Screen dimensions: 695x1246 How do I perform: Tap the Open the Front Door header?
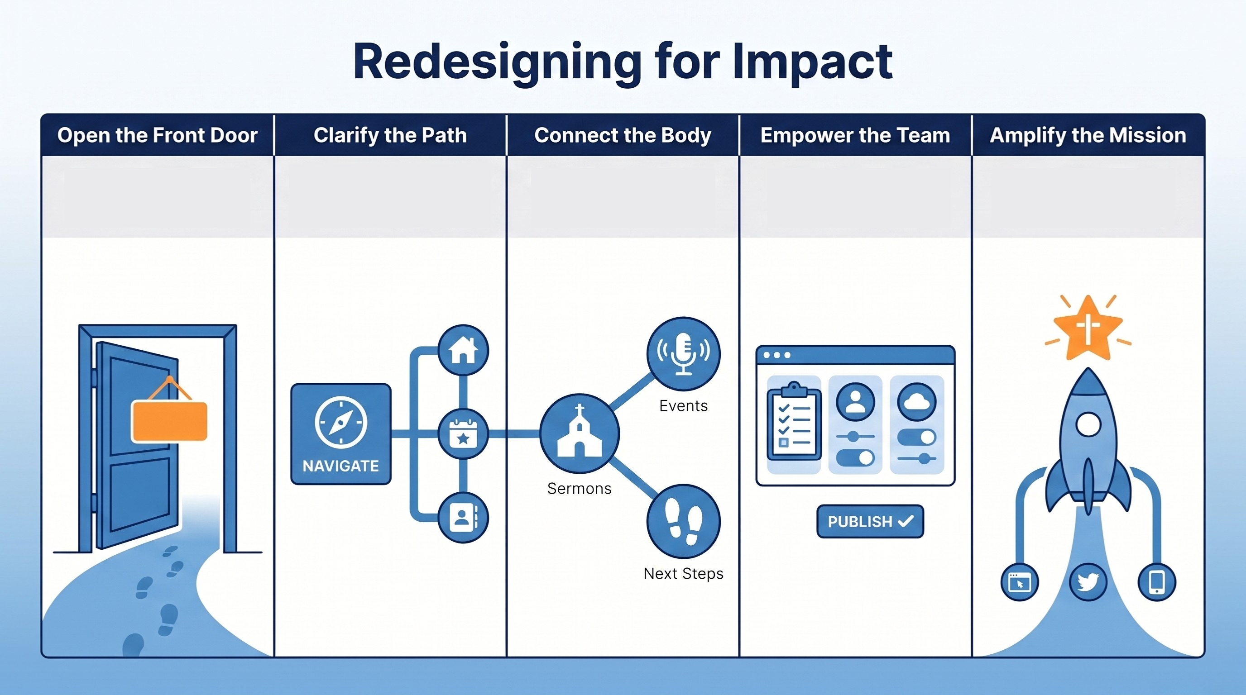point(157,135)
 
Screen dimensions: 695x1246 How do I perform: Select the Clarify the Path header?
point(390,135)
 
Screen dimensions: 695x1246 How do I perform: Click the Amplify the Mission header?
point(1088,135)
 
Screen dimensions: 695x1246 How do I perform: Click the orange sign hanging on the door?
point(169,420)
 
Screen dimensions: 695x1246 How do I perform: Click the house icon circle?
point(463,350)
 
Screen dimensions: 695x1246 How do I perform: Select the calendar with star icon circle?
point(463,433)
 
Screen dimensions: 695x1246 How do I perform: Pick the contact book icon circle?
point(463,518)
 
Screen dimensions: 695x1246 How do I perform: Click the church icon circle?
point(579,433)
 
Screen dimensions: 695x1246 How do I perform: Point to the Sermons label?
point(579,489)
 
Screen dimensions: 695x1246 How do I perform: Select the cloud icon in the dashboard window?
point(916,402)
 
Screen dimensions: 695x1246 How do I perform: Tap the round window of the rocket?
point(1088,425)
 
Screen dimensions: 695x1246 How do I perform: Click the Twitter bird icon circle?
point(1088,581)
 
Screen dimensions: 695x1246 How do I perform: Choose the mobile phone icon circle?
point(1156,581)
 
